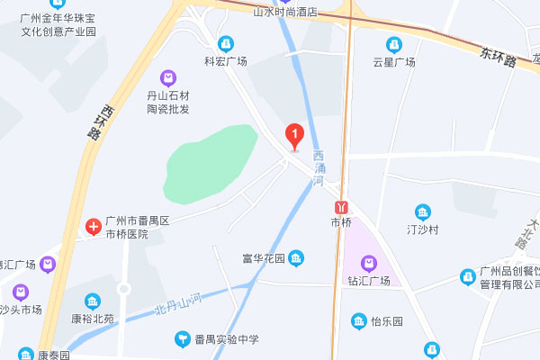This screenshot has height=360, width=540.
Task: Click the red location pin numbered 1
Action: [293, 136]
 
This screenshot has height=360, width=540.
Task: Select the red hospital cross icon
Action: [93, 226]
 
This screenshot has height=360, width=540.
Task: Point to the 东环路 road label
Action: [497, 58]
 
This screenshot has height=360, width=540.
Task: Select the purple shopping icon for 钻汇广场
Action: [368, 263]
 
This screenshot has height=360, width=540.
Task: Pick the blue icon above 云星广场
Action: [394, 44]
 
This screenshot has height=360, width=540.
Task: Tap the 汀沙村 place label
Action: [422, 229]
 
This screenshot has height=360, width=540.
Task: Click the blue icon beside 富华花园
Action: [297, 259]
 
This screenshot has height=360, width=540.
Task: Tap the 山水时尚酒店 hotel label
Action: [285, 13]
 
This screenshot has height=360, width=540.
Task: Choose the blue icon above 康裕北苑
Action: [91, 301]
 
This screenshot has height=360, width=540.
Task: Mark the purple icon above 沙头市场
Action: [20, 292]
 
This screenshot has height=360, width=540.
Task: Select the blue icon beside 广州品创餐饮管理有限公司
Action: [467, 276]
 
